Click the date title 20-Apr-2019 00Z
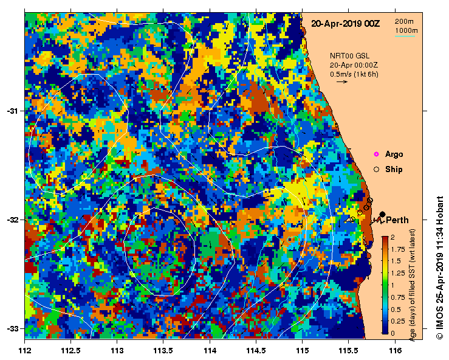click(x=345, y=24)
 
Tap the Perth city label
click(x=397, y=220)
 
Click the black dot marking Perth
click(x=382, y=213)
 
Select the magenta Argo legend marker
click(x=376, y=154)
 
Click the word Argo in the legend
click(x=394, y=154)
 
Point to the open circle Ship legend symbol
click(x=376, y=169)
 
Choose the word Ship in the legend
click(x=394, y=169)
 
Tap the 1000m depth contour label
click(x=406, y=30)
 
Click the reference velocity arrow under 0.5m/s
click(x=341, y=81)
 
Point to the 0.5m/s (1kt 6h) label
click(x=354, y=74)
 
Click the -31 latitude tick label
click(x=12, y=111)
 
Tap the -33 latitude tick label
click(x=12, y=328)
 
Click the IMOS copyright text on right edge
click(x=440, y=268)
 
